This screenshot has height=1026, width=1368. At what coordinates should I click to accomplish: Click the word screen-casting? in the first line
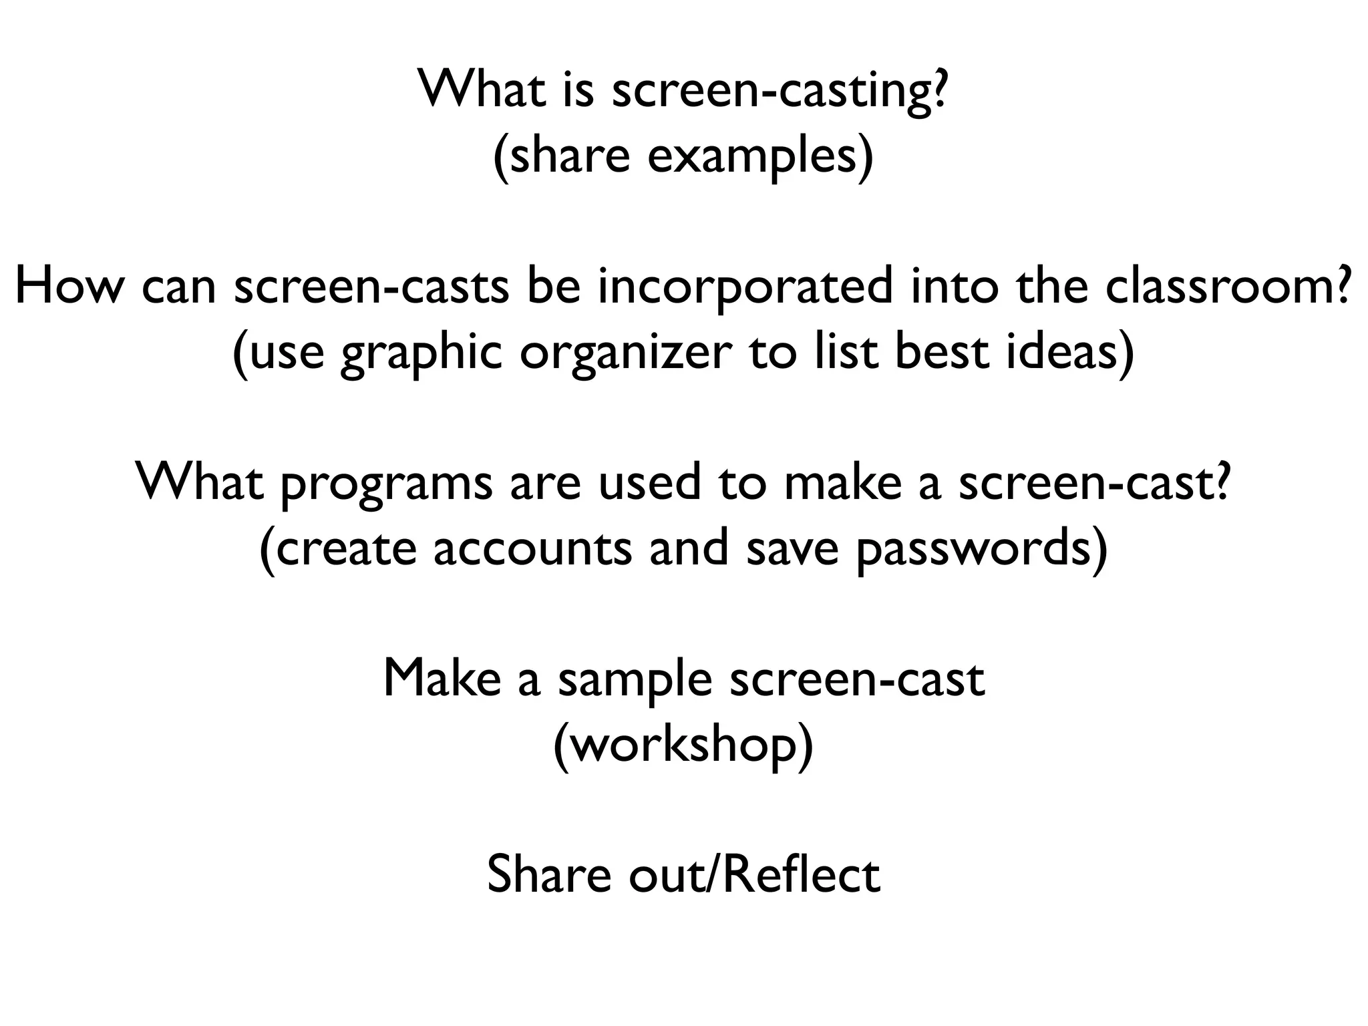click(x=779, y=90)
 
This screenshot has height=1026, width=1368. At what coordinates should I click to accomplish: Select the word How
click(x=69, y=286)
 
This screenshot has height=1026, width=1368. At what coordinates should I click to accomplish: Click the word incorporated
click(x=745, y=286)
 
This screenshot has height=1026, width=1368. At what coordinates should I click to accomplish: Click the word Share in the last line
click(x=548, y=874)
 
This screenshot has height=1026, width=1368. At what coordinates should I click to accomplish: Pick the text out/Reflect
click(x=754, y=874)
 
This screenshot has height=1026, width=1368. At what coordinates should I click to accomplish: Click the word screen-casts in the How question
click(x=371, y=286)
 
